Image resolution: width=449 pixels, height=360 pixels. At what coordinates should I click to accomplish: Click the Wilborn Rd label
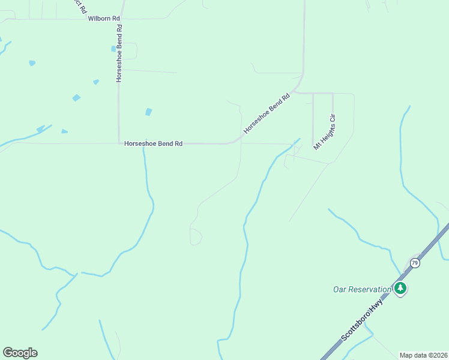click(x=104, y=19)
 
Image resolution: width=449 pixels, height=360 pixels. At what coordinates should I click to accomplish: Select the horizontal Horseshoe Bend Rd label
click(x=153, y=144)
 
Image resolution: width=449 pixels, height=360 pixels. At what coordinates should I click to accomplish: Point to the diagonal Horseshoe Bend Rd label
click(x=267, y=113)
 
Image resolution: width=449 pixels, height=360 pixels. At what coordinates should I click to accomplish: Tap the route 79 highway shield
click(x=415, y=263)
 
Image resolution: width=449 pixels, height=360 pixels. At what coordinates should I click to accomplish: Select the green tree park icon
click(x=400, y=289)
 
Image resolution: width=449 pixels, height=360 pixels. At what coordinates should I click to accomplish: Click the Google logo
click(x=20, y=353)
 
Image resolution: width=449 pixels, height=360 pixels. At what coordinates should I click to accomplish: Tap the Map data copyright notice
click(x=424, y=355)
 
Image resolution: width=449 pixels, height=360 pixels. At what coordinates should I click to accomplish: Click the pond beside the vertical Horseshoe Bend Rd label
click(x=113, y=49)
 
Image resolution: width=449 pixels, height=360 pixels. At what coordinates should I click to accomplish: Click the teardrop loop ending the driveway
click(x=196, y=236)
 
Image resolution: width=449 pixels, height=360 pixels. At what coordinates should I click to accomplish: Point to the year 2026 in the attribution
click(x=439, y=355)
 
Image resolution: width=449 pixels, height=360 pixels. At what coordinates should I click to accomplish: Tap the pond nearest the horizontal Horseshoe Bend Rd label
click(x=148, y=112)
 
